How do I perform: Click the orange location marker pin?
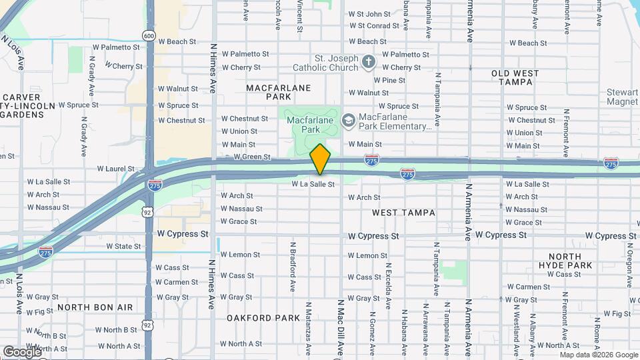[321, 159]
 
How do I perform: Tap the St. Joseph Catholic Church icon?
[369, 63]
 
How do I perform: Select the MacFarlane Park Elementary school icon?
[347, 121]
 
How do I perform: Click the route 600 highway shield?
[149, 35]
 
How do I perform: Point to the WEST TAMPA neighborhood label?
[403, 213]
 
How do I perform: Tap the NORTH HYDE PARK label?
[570, 261]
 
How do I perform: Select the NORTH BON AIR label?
[95, 307]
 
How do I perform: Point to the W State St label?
[123, 246]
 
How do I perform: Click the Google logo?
[21, 351]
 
